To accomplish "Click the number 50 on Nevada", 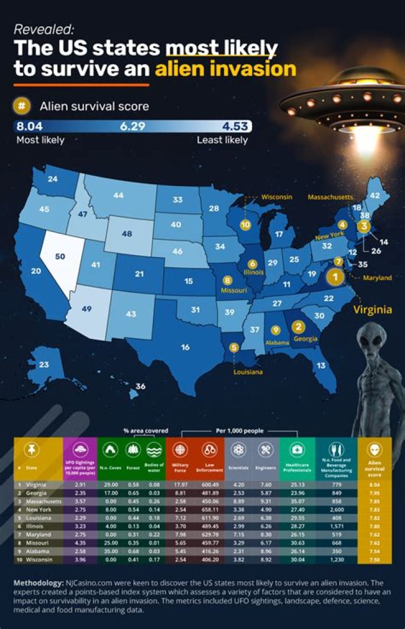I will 60,256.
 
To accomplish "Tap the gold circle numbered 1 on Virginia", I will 336,276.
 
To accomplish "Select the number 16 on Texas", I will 185,347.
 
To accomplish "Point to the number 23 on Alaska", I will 44,364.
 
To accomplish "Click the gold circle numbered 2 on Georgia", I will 298,327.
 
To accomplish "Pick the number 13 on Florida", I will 321,365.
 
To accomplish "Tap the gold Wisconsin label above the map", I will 277,197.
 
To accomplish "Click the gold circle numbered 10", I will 245,224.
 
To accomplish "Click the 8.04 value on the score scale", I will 29,126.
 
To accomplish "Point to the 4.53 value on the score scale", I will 235,126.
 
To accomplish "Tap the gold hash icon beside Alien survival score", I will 21,106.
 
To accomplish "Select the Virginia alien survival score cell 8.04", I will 375,484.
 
